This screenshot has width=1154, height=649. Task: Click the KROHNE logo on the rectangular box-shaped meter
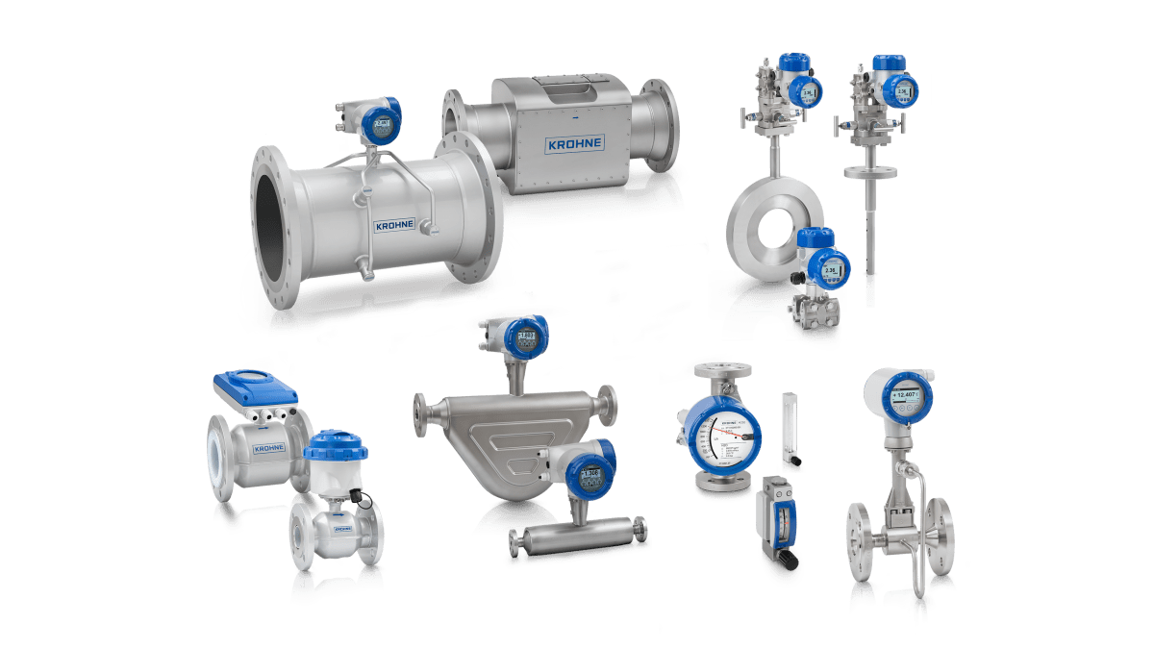pos(574,144)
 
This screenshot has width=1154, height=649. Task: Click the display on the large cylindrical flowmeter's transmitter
pos(384,124)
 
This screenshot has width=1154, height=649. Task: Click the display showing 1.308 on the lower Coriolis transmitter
pos(590,472)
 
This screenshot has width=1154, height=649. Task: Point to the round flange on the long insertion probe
pos(870,171)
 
